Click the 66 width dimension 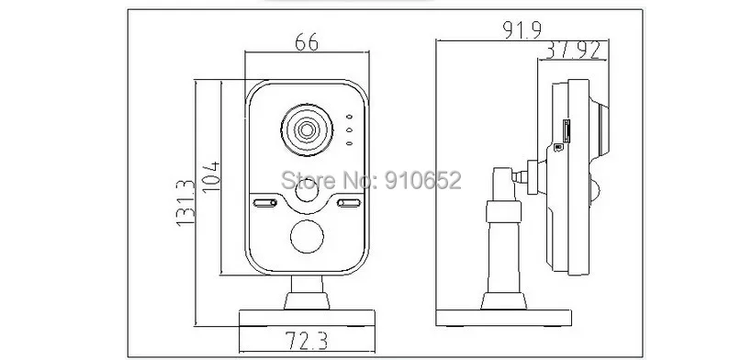pyautogui.click(x=307, y=43)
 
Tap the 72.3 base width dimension pyautogui.click(x=307, y=340)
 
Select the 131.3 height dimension pyautogui.click(x=185, y=203)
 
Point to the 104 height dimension pyautogui.click(x=211, y=176)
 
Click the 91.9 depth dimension pyautogui.click(x=522, y=29)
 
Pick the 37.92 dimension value pyautogui.click(x=573, y=51)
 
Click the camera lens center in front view pyautogui.click(x=307, y=129)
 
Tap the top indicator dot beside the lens pyautogui.click(x=349, y=117)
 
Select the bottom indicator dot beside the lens pyautogui.click(x=349, y=143)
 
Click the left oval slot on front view pyautogui.click(x=265, y=203)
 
